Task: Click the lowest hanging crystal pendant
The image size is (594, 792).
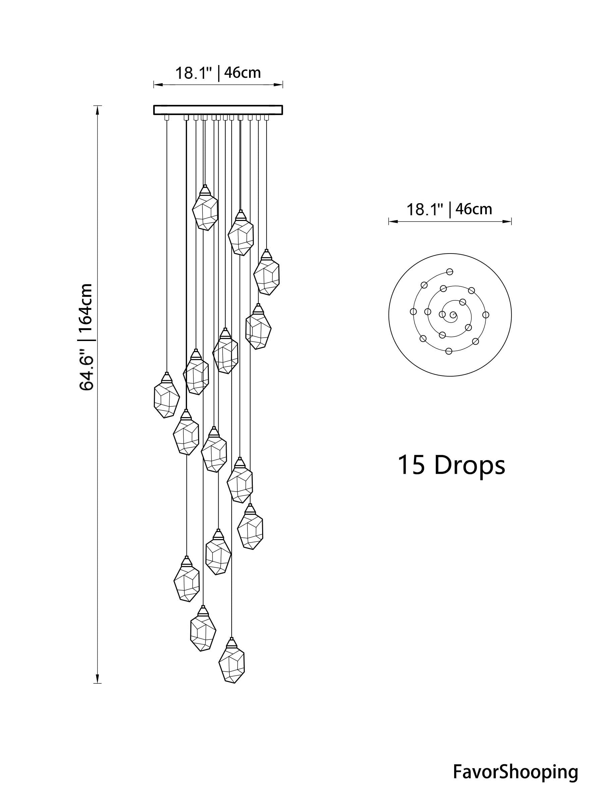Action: coord(232,666)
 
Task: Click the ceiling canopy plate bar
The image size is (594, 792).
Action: coord(218,110)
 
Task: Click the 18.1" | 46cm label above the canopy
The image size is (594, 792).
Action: coord(218,73)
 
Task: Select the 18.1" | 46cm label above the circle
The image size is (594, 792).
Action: coord(449,209)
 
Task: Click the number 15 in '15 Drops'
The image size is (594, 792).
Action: coord(411,465)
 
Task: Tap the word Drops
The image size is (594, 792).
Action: coord(469,465)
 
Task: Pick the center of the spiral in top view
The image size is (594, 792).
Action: coord(453,316)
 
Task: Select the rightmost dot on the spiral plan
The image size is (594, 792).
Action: coord(485,315)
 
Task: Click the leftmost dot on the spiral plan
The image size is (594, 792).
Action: coord(413,312)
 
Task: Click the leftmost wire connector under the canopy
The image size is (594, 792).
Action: coord(166,117)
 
